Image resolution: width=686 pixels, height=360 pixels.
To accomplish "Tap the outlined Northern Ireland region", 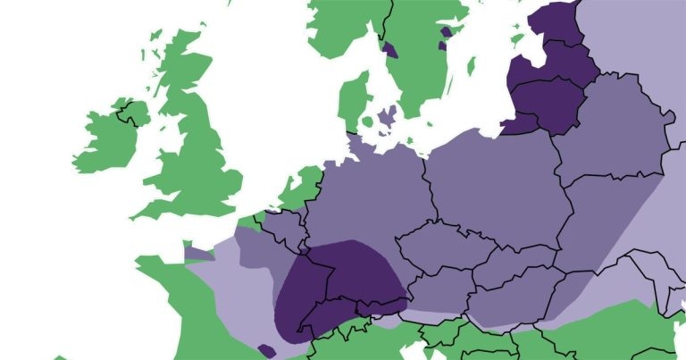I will [x=134, y=113].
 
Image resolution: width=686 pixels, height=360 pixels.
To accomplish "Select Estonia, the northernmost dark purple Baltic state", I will [x=558, y=22].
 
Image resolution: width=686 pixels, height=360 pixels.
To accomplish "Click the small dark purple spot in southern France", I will [x=266, y=350].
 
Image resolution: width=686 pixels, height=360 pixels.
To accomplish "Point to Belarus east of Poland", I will [x=607, y=134].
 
